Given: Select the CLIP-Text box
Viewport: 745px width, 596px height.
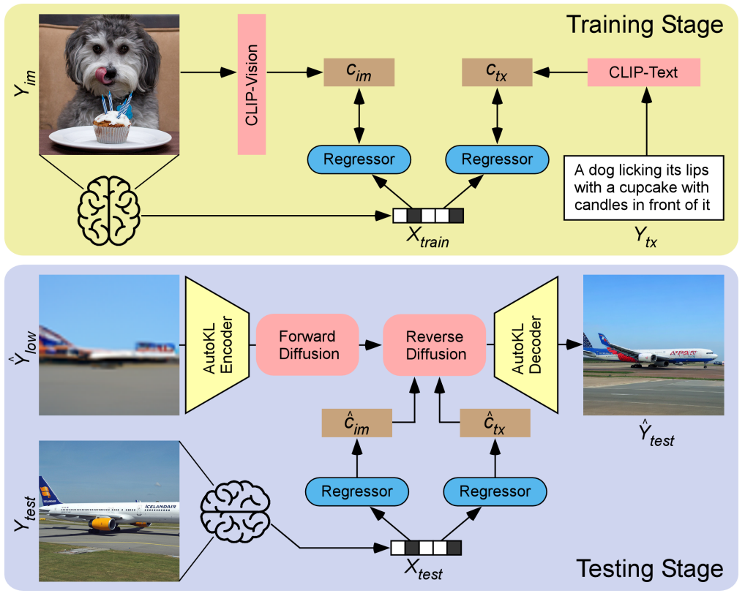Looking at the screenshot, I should click(x=644, y=72).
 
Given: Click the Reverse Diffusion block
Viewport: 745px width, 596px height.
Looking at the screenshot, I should click(x=436, y=345).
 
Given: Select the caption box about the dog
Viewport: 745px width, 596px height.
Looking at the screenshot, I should click(x=643, y=187).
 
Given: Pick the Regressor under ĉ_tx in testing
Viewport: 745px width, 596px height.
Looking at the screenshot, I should click(x=495, y=491).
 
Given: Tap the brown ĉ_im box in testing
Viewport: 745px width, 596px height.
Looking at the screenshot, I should click(x=356, y=423).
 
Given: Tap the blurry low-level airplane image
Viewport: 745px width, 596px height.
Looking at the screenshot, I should click(x=109, y=344).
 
